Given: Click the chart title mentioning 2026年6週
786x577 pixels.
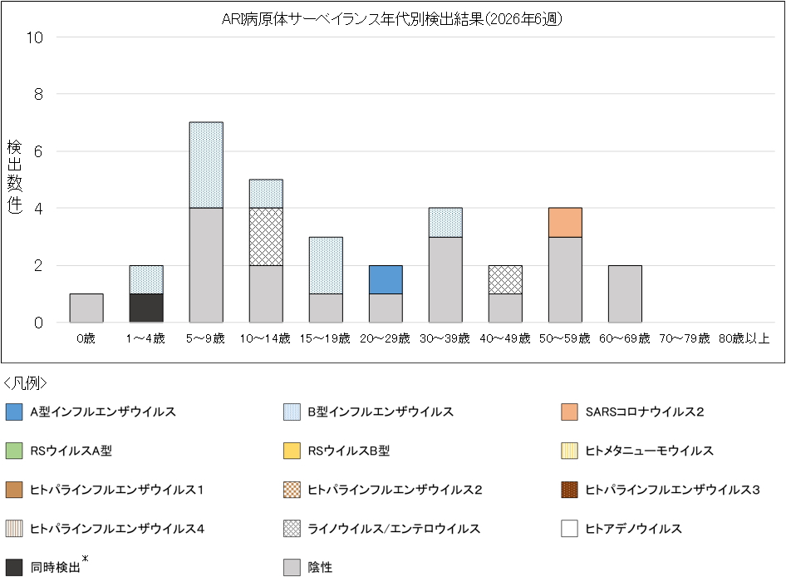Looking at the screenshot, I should pos(392,19).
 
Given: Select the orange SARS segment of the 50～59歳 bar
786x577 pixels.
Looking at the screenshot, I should pos(565,222).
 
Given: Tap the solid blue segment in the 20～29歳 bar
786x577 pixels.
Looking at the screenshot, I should pos(386,279).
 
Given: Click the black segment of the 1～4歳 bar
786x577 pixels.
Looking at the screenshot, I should pos(146,308).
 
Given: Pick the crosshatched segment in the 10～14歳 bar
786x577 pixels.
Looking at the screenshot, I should pos(266,236).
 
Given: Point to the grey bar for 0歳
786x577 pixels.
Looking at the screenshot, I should pos(86,308).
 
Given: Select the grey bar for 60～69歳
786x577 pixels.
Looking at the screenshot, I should pos(625,293).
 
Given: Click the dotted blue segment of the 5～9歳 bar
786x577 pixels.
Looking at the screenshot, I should pos(206,165).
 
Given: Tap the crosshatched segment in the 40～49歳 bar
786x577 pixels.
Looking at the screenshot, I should pos(505,279).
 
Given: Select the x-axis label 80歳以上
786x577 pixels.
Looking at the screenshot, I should pos(744,338).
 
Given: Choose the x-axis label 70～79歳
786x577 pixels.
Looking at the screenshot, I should pos(685,338).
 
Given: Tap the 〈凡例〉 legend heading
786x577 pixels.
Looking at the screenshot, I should pos(26,383).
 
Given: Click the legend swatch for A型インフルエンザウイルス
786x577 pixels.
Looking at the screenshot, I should pos(14,412).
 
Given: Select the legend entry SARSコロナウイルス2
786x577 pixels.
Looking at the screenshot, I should pos(644,412).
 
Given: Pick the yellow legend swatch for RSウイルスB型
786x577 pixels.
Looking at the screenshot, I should pos(292,451).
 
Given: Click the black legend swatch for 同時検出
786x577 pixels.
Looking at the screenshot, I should pos(14,568).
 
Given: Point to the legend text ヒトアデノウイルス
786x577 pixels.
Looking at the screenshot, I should pos(633,529).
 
